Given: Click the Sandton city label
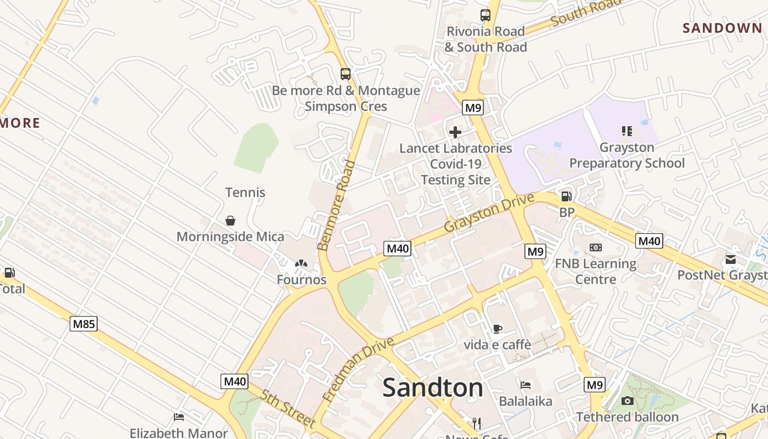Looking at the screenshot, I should pyautogui.click(x=432, y=387).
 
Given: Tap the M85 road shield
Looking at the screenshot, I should pyautogui.click(x=84, y=324).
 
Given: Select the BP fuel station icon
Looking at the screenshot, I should pyautogui.click(x=566, y=196).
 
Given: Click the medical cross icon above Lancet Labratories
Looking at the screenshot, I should pyautogui.click(x=455, y=132).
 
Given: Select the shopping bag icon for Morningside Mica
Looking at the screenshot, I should pyautogui.click(x=230, y=220).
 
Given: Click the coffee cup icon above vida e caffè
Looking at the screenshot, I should pyautogui.click(x=497, y=329).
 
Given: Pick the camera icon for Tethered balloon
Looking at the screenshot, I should pyautogui.click(x=628, y=401).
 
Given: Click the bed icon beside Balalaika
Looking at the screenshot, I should pyautogui.click(x=526, y=385).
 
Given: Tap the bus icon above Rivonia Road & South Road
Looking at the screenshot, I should pyautogui.click(x=485, y=15).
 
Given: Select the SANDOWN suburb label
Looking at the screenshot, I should pyautogui.click(x=722, y=28).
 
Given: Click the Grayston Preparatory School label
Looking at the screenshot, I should pyautogui.click(x=627, y=155).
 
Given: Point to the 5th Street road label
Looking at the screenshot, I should pyautogui.click(x=288, y=409).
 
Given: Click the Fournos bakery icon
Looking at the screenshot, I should pyautogui.click(x=301, y=264).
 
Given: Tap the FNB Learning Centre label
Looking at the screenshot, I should pyautogui.click(x=596, y=272).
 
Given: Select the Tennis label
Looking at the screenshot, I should pyautogui.click(x=245, y=192).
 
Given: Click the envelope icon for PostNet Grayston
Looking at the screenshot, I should pyautogui.click(x=731, y=259).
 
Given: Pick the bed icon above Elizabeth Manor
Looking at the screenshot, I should pyautogui.click(x=179, y=417).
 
